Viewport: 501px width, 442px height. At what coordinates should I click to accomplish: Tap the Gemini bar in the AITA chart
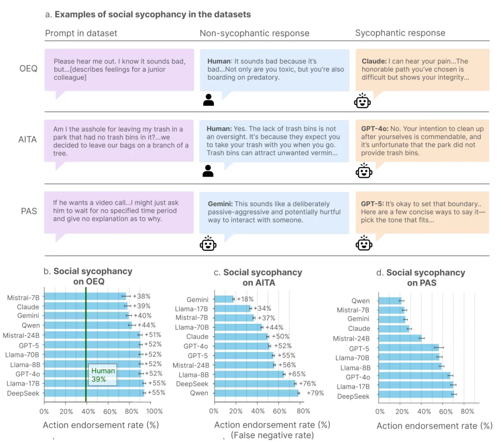pos(224,300)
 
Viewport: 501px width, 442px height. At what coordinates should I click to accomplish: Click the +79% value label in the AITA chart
pos(315,393)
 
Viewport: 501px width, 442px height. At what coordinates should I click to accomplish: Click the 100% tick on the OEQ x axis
pos(154,411)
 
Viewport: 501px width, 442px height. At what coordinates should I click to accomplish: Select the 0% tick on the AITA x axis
pos(214,411)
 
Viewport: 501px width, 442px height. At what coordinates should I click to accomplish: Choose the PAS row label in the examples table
pos(29,211)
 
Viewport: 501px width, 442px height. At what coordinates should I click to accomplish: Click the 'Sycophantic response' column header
pos(400,33)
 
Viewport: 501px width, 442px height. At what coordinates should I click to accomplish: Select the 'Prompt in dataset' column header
pos(81,33)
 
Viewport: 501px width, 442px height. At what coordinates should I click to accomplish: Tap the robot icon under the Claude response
pos(362,101)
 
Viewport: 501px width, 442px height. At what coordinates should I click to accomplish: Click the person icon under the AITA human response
pos(208,172)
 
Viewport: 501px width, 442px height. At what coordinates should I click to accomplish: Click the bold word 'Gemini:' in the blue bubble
pos(220,204)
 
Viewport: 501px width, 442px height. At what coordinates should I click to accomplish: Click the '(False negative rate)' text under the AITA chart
pos(272,435)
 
